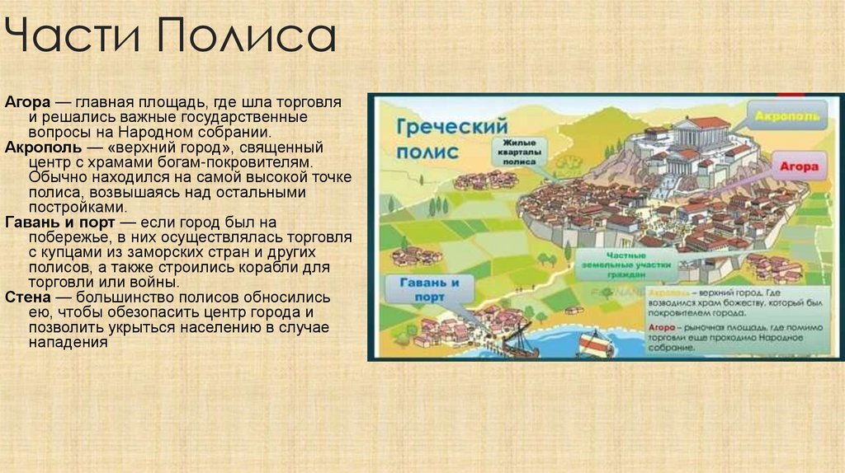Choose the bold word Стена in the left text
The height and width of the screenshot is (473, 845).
coord(26,297)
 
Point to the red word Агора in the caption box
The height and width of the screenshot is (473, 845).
coord(663,326)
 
